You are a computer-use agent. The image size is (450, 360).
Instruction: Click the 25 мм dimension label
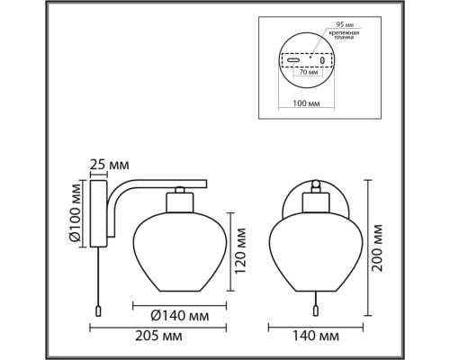110,165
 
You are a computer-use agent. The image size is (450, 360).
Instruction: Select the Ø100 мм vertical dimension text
75,213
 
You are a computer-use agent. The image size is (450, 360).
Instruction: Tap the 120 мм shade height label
240,251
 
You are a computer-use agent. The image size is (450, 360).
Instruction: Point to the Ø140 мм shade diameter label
180,316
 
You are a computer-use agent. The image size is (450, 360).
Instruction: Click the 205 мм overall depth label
158,336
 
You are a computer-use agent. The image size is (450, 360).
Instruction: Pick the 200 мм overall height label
377,247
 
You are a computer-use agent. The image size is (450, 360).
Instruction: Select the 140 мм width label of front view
316,336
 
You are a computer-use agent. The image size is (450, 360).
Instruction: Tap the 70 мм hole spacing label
308,72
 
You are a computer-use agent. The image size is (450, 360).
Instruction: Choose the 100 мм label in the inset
306,103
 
